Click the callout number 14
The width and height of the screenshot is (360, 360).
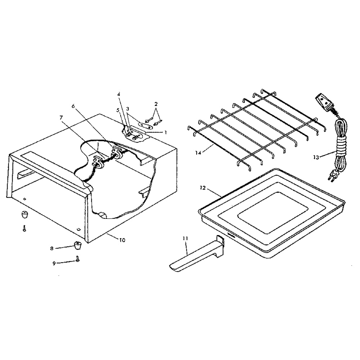coord(198,152)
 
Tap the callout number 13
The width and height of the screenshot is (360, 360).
coord(316,157)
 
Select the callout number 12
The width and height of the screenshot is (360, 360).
coord(203,188)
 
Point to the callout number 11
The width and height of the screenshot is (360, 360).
coord(185,238)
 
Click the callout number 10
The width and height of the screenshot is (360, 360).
coord(122,240)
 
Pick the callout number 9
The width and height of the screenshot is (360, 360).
coord(54,264)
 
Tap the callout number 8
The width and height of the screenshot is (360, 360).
coord(51,248)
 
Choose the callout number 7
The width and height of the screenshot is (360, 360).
coord(61,118)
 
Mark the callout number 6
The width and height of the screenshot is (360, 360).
coord(73,106)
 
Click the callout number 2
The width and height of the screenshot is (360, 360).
coord(156,104)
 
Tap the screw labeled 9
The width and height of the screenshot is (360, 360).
coord(78,259)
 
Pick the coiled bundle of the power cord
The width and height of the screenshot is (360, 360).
coord(341,147)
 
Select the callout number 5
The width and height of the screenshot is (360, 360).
coord(118,110)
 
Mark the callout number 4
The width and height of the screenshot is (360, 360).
coord(119,94)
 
